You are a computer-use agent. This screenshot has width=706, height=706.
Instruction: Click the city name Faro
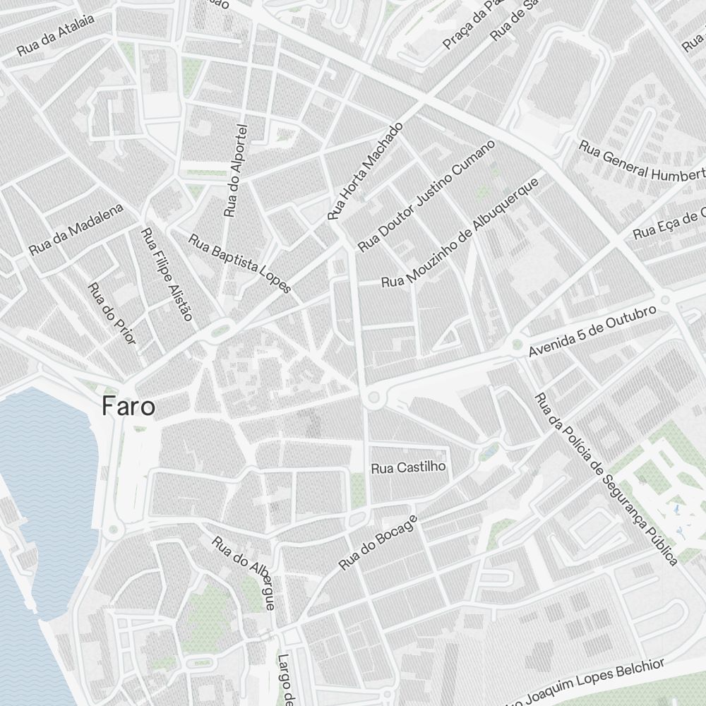(x=128, y=407)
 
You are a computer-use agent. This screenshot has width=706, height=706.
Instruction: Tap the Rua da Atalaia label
(x=56, y=41)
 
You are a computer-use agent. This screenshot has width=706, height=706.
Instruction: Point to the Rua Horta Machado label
(x=365, y=170)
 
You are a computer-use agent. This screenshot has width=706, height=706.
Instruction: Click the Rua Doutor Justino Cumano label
(x=426, y=196)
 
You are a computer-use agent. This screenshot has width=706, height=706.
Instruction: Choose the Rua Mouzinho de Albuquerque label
(x=460, y=233)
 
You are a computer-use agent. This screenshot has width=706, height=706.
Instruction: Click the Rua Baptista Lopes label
(x=239, y=263)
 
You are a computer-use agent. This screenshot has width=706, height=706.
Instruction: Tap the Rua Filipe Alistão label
(x=167, y=274)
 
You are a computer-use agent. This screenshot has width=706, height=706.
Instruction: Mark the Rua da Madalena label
(x=76, y=229)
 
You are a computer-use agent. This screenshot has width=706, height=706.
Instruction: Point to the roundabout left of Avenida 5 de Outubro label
(x=517, y=345)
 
